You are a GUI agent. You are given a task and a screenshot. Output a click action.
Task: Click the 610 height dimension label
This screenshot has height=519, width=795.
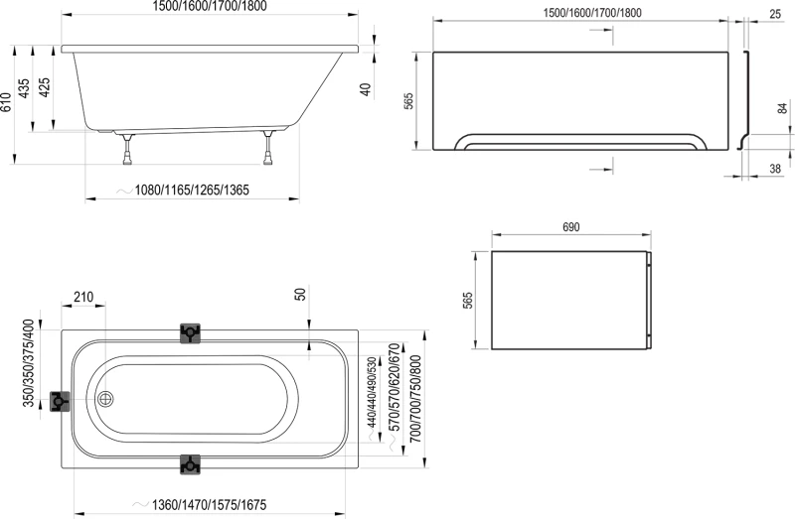pyautogui.click(x=6, y=103)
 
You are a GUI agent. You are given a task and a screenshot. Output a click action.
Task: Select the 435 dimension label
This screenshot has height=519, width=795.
pyautogui.click(x=23, y=88)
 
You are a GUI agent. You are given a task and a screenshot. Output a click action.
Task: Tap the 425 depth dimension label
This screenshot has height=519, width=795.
pyautogui.click(x=44, y=87)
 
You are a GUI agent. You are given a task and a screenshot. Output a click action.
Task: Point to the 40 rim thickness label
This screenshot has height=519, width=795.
pyautogui.click(x=365, y=89)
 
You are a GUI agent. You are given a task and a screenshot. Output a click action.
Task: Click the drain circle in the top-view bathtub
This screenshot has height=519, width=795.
pyautogui.click(x=105, y=399)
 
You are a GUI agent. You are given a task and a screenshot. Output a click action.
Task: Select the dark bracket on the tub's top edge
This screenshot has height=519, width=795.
pyautogui.click(x=190, y=333)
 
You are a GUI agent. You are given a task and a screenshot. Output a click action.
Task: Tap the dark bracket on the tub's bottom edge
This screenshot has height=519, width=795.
pyautogui.click(x=190, y=464)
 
